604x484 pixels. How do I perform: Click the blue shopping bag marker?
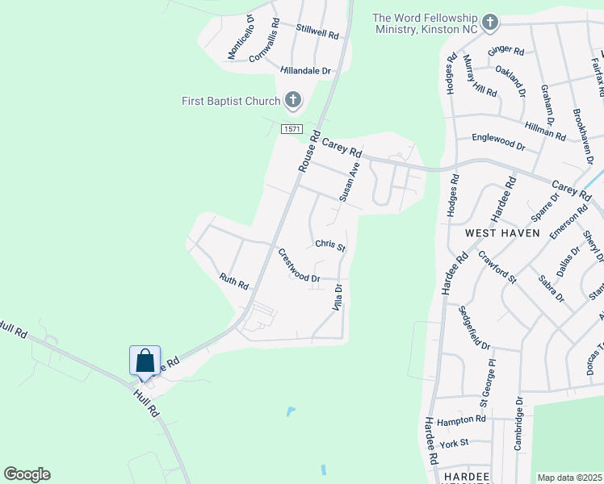[x=145, y=360]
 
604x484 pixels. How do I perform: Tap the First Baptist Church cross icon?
[x=292, y=101]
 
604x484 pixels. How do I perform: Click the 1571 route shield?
[x=292, y=129]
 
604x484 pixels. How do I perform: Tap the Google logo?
[x=27, y=474]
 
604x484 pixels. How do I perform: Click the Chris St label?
[x=330, y=244]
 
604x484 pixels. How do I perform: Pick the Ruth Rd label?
[x=233, y=282]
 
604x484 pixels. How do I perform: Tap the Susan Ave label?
[x=349, y=181]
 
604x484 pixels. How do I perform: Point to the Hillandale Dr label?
[x=306, y=71]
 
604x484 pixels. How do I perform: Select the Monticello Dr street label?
[x=241, y=37]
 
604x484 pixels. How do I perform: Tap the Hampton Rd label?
[x=461, y=420]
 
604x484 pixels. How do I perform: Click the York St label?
[x=455, y=443]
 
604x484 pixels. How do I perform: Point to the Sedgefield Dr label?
[x=474, y=328]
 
